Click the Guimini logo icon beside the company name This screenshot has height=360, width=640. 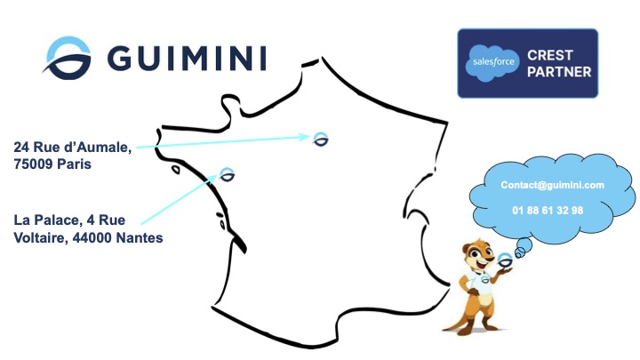tap(68, 58)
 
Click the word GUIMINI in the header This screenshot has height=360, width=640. tap(187, 58)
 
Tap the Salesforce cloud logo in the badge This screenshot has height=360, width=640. tap(492, 63)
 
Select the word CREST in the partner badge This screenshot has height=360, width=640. tap(550, 55)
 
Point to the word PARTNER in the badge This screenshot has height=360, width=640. tap(559, 72)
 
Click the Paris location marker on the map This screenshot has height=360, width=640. tap(321, 140)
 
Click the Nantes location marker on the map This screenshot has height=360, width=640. tap(228, 175)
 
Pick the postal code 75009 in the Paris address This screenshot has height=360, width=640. tap(34, 164)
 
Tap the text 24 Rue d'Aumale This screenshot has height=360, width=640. tap(72, 147)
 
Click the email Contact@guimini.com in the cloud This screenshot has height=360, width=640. tap(552, 185)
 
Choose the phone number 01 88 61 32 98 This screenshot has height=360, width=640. tap(548, 211)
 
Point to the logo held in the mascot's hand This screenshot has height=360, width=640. tap(505, 260)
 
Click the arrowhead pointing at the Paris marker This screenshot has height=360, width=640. tap(304, 137)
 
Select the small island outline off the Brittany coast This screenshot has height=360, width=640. tap(175, 169)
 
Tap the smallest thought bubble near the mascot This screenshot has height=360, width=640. tap(519, 254)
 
